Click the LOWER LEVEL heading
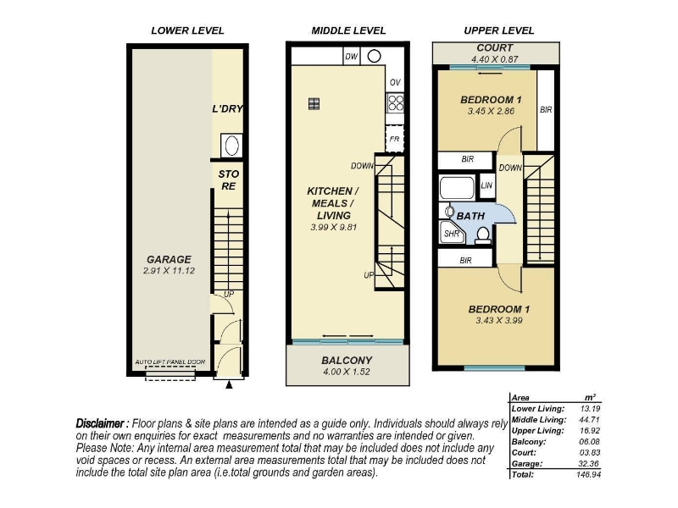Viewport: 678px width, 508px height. tap(187, 30)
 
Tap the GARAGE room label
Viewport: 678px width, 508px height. tap(169, 259)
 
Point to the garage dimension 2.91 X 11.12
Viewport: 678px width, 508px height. tap(169, 271)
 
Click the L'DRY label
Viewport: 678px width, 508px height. tap(227, 109)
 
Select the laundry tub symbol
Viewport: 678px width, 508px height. tap(231, 146)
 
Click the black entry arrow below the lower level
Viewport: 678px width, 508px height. tap(229, 384)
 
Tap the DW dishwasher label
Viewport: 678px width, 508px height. tap(352, 56)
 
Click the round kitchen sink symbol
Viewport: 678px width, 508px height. tap(374, 56)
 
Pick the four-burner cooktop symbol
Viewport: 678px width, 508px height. tap(395, 103)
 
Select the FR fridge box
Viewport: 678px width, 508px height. tap(394, 139)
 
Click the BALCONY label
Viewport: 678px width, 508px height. tap(347, 361)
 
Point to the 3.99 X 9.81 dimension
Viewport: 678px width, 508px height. tap(333, 227)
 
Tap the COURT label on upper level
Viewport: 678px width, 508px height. tap(495, 48)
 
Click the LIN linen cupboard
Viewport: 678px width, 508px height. tap(486, 185)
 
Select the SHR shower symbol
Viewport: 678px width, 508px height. tap(453, 232)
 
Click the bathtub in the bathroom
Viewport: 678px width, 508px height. tap(457, 188)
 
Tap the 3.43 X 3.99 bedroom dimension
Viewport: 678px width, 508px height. tap(499, 321)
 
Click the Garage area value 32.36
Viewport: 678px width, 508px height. tap(589, 464)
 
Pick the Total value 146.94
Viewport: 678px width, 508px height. tap(588, 475)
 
